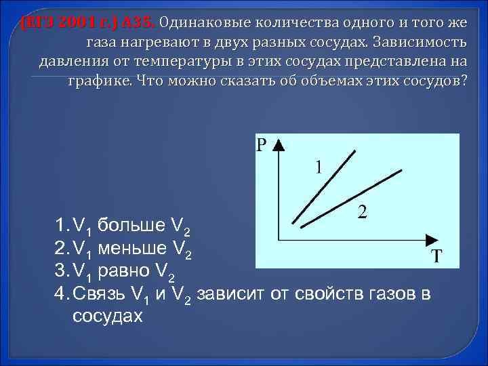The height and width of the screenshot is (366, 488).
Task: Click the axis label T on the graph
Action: pos(437,257)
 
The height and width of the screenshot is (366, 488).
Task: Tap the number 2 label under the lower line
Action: pos(363,212)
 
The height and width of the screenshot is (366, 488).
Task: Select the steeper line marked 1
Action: pos(324,188)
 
